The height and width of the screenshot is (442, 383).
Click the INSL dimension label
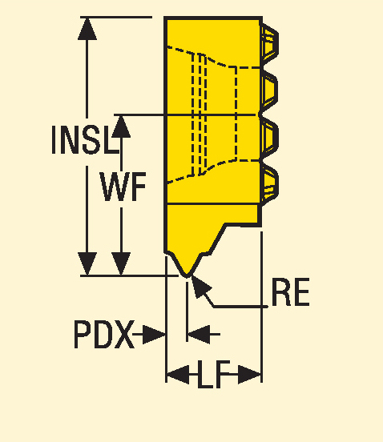tap(85, 140)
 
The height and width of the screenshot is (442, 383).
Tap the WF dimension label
tap(123, 187)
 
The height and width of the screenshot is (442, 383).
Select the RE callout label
tap(291, 292)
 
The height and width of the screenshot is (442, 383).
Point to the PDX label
tap(103, 335)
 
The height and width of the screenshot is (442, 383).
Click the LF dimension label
tap(213, 375)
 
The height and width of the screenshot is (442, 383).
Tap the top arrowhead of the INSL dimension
tap(87, 29)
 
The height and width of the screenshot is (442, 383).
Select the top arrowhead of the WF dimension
tap(121, 127)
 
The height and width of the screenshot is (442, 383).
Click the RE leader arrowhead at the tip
tap(201, 286)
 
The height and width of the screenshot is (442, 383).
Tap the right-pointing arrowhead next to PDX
tap(154, 335)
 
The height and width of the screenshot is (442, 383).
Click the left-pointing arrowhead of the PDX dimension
tap(199, 335)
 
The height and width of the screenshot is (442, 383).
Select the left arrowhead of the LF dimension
tap(178, 375)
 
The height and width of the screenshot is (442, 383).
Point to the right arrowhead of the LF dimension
tap(249, 375)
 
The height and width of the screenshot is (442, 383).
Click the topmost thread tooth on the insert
tap(270, 42)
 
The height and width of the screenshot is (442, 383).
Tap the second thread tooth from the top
tap(270, 90)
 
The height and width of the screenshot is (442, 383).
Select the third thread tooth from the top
tap(270, 137)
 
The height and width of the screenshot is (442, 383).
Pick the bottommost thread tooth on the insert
tap(270, 184)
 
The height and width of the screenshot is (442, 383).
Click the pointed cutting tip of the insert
tap(187, 275)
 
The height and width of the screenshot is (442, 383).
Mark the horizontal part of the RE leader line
tap(240, 307)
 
